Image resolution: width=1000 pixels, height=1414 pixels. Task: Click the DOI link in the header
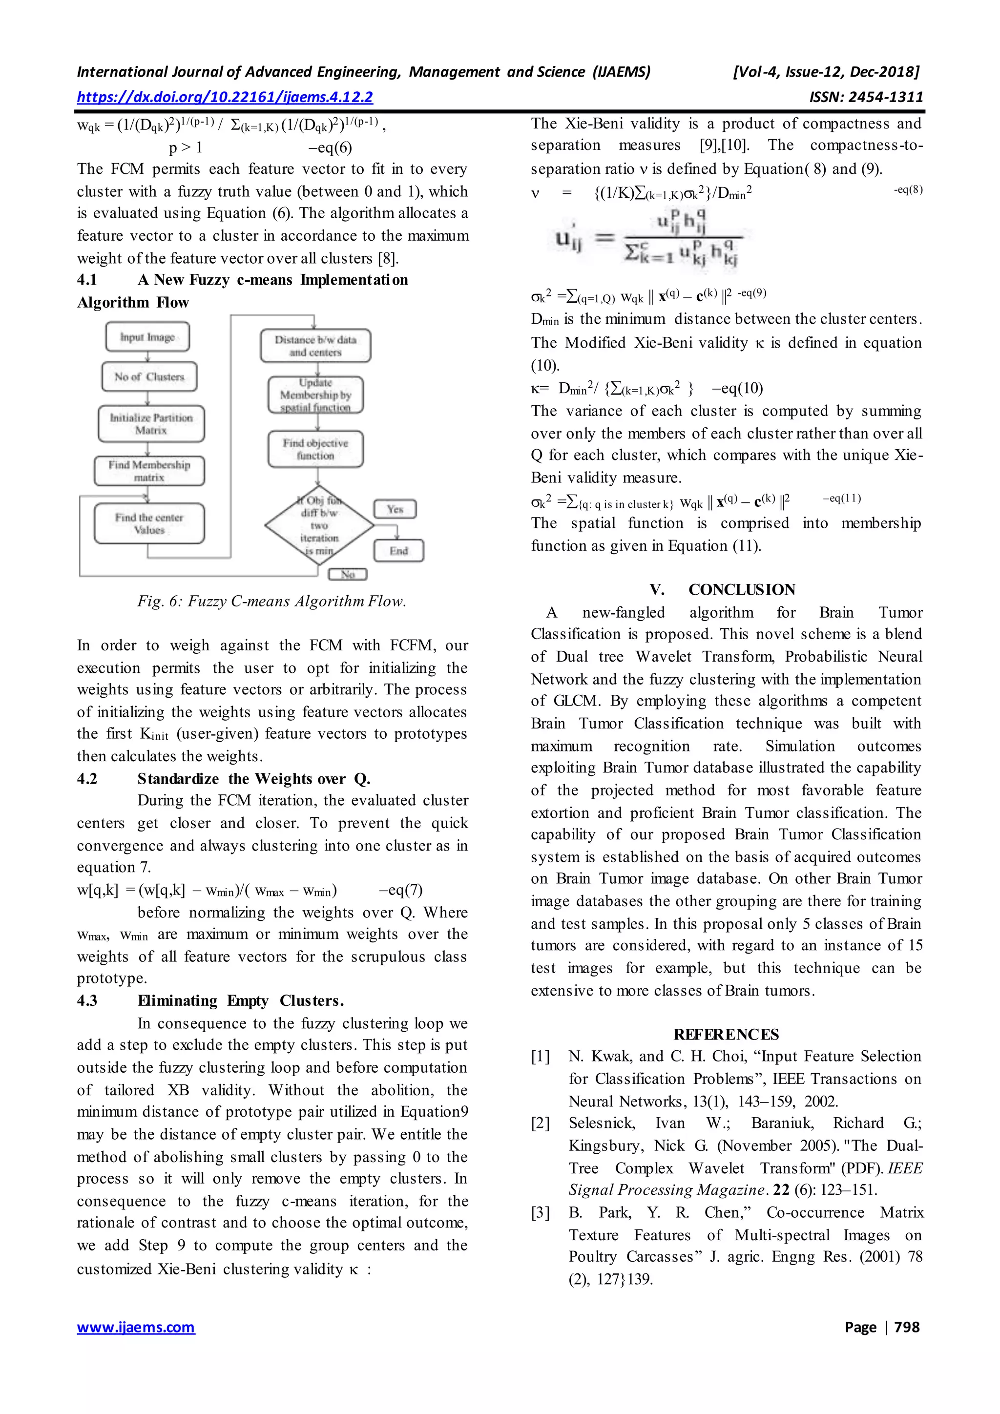click(225, 97)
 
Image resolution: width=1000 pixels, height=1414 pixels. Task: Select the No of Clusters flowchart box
click(149, 376)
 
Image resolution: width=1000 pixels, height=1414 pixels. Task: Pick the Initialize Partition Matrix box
click(151, 424)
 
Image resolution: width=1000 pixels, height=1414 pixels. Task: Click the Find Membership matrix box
click(149, 471)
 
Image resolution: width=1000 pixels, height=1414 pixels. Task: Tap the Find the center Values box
click(149, 523)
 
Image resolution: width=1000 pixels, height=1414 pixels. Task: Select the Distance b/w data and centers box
click(315, 346)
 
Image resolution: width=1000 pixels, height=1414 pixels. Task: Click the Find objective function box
click(315, 449)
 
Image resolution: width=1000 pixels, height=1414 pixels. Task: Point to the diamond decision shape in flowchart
click(319, 526)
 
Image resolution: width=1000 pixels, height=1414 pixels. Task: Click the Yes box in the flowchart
click(396, 509)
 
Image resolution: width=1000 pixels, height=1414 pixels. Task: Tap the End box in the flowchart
click(398, 551)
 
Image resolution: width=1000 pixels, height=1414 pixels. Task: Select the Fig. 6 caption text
click(271, 601)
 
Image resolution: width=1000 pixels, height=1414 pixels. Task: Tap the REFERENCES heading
click(726, 1034)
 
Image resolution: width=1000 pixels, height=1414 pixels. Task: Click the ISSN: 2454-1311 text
click(866, 97)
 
